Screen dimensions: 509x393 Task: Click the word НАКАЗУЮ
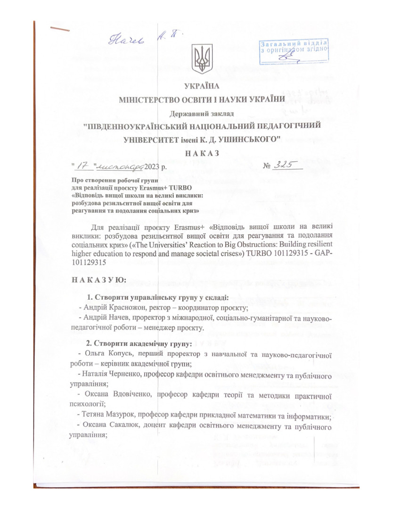tap(98, 280)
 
